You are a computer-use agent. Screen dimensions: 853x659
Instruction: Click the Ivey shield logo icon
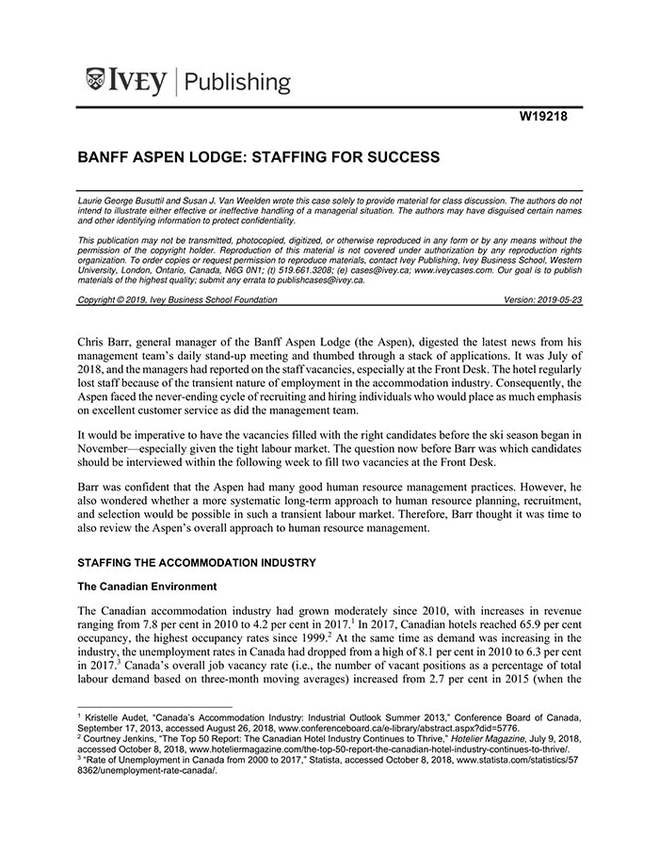pyautogui.click(x=94, y=80)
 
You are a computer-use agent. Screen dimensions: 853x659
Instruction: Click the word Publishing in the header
pyautogui.click(x=237, y=82)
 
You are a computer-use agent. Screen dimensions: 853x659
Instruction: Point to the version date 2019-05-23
pyautogui.click(x=555, y=299)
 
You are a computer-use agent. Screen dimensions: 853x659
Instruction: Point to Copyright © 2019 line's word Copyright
pyautogui.click(x=99, y=299)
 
